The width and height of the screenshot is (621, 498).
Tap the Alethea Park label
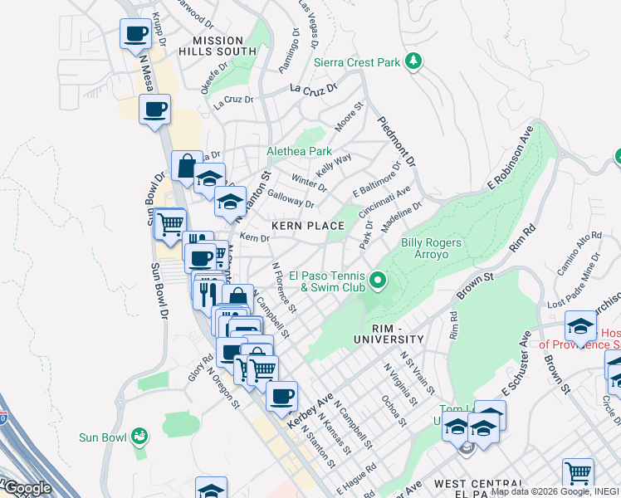coord(299,152)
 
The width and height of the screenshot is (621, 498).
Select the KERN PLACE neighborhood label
coord(308,226)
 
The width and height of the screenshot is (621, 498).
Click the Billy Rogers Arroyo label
coord(432,248)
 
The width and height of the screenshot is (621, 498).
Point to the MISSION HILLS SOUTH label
coord(218,46)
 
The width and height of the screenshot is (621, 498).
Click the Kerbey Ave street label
coord(304,411)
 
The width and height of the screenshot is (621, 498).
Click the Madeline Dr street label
coord(402,216)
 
